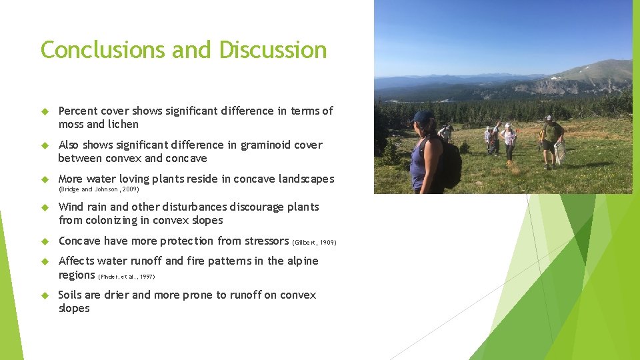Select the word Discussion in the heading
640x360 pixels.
click(x=273, y=50)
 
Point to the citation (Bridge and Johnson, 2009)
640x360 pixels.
click(x=99, y=189)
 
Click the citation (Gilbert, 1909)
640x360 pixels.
click(x=314, y=242)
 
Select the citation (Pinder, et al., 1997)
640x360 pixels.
click(x=126, y=276)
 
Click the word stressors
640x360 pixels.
click(x=263, y=241)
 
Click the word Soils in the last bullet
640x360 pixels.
click(x=71, y=295)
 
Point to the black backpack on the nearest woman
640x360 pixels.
click(x=451, y=163)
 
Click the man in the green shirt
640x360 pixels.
click(x=551, y=140)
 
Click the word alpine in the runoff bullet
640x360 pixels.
click(x=303, y=261)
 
